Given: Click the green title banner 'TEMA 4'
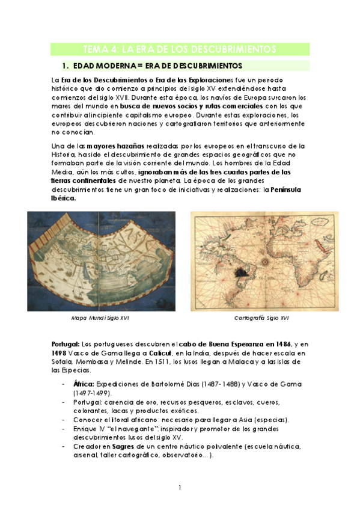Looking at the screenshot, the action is pos(180,49).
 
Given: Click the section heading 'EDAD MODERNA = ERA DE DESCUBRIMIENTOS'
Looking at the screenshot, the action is pos(157,65).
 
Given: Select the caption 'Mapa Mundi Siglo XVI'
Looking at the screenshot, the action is pos(100,318).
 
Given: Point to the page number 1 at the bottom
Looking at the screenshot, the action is pos(180,487).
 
